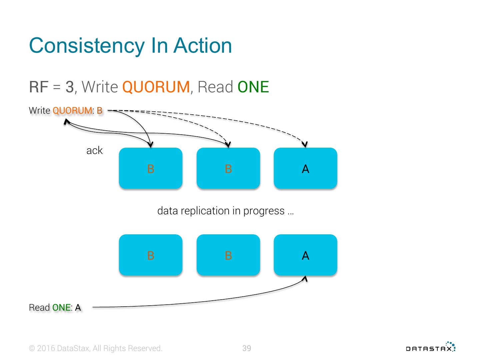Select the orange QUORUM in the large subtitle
point(156,87)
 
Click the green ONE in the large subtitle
point(253,87)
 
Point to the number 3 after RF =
point(69,87)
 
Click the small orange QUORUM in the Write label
point(72,110)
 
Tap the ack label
point(94,151)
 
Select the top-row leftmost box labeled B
point(151,168)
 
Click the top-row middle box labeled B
point(228,168)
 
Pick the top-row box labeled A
point(305,168)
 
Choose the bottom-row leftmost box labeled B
point(151,255)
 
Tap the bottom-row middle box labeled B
point(228,255)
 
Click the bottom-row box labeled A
point(305,255)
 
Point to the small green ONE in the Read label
point(61,307)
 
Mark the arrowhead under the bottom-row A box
point(304,279)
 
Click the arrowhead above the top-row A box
point(304,144)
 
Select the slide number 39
point(247,348)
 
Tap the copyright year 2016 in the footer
point(46,348)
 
